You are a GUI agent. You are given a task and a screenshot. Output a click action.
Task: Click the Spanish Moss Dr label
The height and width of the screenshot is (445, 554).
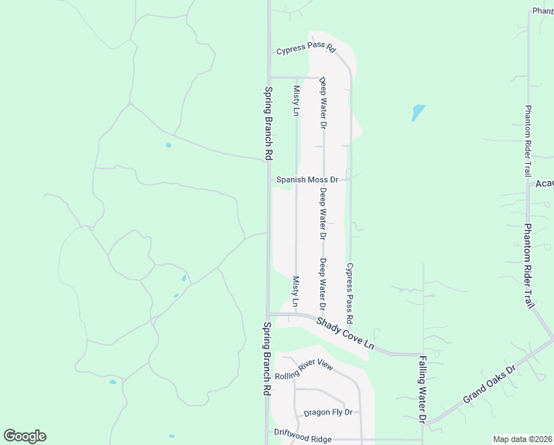307,179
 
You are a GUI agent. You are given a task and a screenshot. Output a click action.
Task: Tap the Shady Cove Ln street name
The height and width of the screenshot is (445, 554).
345,335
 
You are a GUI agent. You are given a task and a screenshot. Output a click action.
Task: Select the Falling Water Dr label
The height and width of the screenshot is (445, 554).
423,388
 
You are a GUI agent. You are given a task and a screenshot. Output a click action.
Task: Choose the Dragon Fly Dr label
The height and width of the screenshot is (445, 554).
327,412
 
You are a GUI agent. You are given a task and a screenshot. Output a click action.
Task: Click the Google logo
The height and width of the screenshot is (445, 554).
24,436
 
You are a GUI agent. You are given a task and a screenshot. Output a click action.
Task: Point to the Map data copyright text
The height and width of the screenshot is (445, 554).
522,439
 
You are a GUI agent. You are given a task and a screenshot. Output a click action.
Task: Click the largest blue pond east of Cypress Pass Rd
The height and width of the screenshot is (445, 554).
418,113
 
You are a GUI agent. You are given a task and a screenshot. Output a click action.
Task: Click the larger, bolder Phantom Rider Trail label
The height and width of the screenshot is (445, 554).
529,266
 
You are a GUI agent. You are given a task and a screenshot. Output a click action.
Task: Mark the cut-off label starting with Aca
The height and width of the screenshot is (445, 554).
544,183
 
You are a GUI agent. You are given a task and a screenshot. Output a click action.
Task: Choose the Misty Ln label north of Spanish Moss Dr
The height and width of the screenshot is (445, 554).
296,101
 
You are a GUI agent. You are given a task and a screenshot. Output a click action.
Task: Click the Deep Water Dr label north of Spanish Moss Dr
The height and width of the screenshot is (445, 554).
323,103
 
